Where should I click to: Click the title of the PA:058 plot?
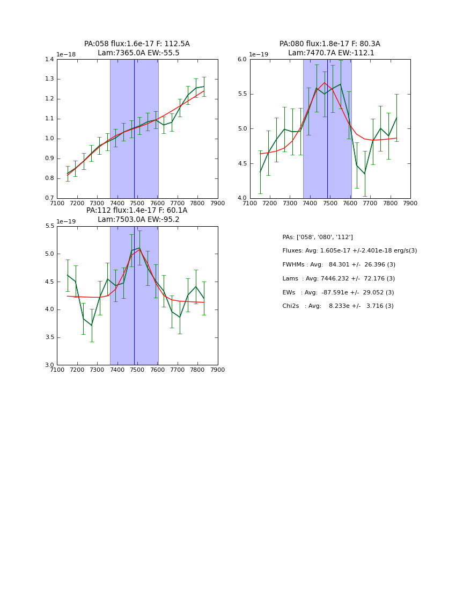[x=137, y=44]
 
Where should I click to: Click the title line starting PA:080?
[x=329, y=44]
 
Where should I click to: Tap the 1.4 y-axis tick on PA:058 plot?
[x=49, y=60]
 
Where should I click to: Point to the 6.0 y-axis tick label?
[x=242, y=60]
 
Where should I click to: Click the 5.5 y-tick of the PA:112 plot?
[x=49, y=226]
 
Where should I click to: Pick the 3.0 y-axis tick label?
[x=49, y=365]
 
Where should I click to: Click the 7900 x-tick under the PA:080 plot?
[x=410, y=204]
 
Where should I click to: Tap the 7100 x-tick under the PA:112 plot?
[x=57, y=370]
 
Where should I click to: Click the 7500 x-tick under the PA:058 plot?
[x=137, y=204]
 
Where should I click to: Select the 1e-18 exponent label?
[x=67, y=55]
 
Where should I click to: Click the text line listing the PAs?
[x=318, y=237]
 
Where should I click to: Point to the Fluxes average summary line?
[x=349, y=251]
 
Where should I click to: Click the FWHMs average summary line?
[x=339, y=265]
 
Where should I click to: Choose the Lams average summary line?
[x=339, y=279]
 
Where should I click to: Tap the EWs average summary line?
[x=338, y=293]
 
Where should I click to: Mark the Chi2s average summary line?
[x=338, y=306]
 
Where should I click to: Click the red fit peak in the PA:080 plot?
[x=324, y=83]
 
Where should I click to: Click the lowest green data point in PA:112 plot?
[x=91, y=325]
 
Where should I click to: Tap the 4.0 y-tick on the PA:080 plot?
[x=242, y=198]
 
